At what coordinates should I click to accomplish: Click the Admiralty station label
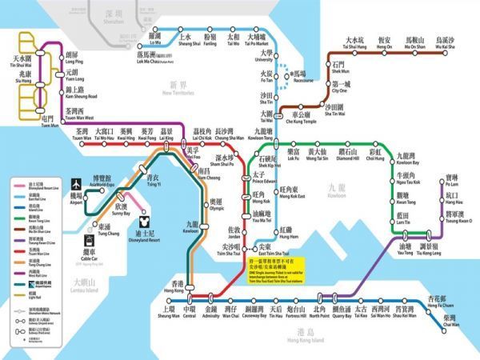211,312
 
